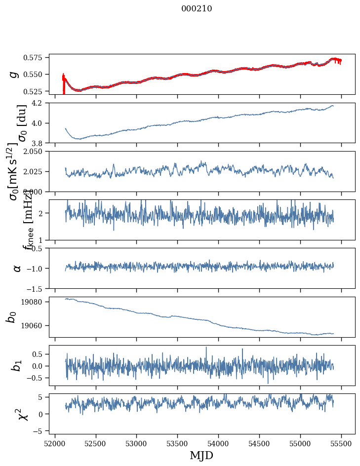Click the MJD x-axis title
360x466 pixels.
coord(201,455)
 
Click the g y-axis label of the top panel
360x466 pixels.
coord(14,74)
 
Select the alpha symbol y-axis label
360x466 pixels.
coord(17,268)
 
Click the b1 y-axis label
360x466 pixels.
coord(16,365)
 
